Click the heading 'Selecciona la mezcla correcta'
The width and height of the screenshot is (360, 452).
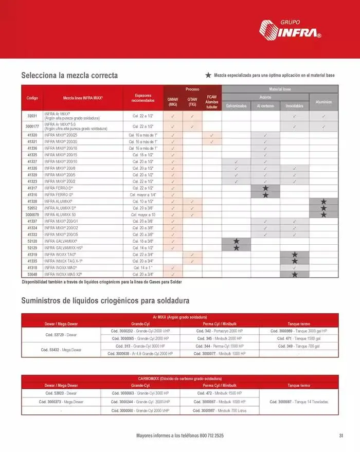[69, 75]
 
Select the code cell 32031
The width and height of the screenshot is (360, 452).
[32, 116]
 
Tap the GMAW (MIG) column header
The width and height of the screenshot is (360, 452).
[173, 101]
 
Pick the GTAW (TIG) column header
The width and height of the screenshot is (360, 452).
[192, 101]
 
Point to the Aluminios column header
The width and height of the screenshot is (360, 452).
[323, 102]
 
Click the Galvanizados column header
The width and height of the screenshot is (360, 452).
[236, 106]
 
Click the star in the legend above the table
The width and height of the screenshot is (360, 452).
[208, 75]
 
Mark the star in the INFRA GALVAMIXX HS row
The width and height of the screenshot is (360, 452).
[236, 248]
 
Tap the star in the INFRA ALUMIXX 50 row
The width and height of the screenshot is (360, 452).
[323, 214]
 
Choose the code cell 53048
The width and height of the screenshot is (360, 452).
[32, 274]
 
